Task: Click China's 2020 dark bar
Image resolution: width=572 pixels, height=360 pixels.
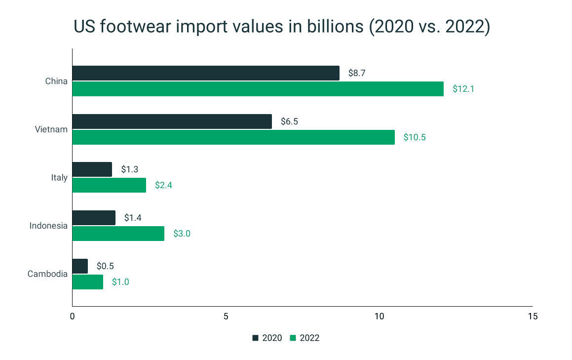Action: click(206, 73)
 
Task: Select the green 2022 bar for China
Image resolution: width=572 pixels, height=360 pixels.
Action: click(258, 89)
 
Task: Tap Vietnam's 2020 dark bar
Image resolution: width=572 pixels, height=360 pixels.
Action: click(172, 121)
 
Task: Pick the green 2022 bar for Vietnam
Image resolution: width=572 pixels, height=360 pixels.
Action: click(233, 137)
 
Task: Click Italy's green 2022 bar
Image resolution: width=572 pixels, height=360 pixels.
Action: click(109, 185)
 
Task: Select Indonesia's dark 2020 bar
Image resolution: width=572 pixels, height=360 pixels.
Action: click(94, 218)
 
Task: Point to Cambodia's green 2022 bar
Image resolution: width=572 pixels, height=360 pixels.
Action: click(88, 282)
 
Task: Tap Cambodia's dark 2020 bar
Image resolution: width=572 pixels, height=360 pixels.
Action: click(80, 266)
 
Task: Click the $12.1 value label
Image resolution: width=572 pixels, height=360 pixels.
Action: click(463, 89)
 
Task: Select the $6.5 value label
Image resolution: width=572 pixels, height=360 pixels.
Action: click(289, 121)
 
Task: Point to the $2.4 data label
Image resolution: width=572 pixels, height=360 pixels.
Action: click(163, 186)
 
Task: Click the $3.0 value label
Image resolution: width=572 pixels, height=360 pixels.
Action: click(182, 234)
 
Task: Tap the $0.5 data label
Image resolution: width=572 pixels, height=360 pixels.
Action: click(105, 266)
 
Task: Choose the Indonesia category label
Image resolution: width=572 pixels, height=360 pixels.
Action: click(48, 226)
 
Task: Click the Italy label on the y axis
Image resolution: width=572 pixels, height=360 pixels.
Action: click(59, 177)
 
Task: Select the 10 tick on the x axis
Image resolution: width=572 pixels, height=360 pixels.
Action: click(379, 316)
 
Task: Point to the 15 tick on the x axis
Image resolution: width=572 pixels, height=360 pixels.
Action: click(532, 316)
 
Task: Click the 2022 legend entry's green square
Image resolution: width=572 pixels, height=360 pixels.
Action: click(293, 338)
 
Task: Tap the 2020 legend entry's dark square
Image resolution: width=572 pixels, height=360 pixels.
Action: click(256, 338)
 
